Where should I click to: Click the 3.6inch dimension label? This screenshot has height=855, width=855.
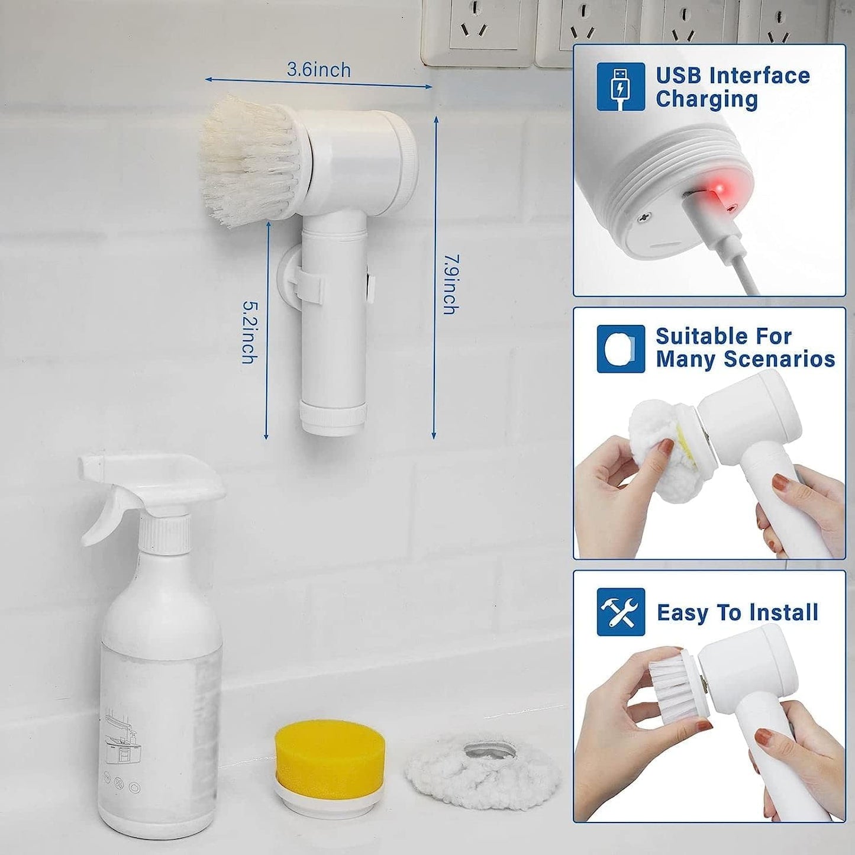coord(319,70)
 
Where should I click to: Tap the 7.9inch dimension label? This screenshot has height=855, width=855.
coord(451,284)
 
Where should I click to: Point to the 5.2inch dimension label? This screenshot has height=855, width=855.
coord(250,332)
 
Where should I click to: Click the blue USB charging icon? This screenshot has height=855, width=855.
coord(620,87)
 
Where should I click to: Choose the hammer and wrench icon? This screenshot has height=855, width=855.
coord(620,611)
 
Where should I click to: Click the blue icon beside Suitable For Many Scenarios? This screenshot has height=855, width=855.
coord(620,349)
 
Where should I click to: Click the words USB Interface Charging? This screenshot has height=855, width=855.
coord(733,87)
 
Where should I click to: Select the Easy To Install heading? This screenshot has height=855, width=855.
coord(737,612)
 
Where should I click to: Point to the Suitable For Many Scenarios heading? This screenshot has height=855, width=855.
coord(745,348)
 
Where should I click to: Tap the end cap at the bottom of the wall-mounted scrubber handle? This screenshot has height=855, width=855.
coord(331,417)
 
